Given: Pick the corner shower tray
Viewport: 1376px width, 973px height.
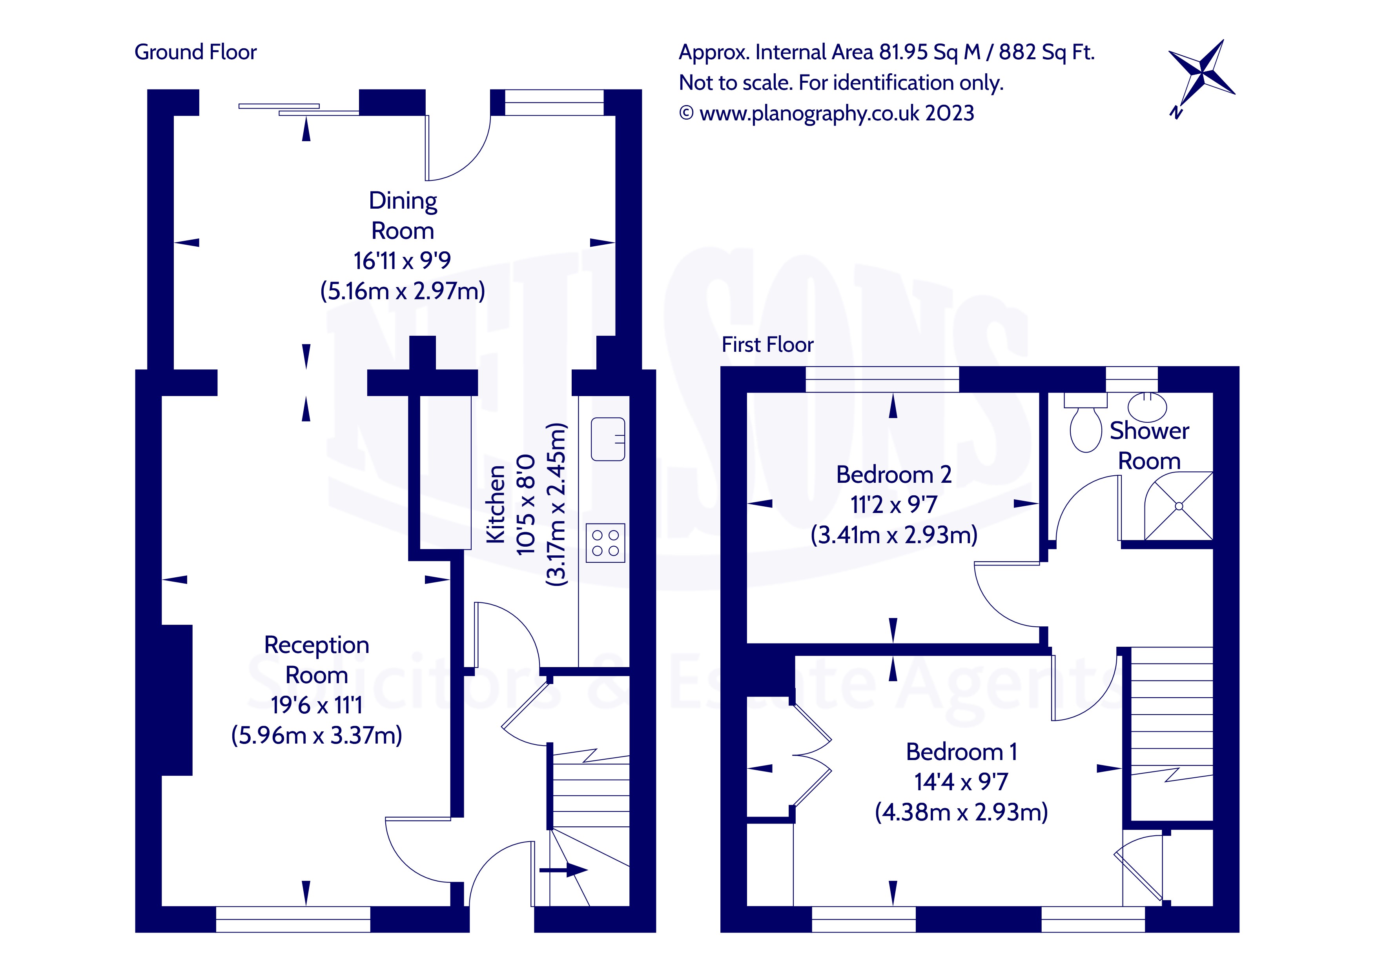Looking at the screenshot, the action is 1179,506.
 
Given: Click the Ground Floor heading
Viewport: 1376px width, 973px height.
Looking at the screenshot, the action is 195,53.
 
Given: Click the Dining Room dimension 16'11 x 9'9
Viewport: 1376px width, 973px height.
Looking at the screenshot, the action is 402,261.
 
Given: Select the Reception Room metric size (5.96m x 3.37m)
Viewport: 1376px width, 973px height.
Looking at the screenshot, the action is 316,735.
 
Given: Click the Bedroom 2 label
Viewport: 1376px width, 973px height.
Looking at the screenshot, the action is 893,475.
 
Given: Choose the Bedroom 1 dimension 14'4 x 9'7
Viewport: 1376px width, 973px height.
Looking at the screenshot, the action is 961,782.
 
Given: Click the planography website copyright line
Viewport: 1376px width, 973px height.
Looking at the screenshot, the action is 827,113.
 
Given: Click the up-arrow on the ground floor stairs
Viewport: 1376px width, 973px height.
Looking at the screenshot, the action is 564,870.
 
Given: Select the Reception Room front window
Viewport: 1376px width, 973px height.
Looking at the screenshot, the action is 293,919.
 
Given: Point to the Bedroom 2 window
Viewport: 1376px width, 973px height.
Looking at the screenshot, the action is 882,379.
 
